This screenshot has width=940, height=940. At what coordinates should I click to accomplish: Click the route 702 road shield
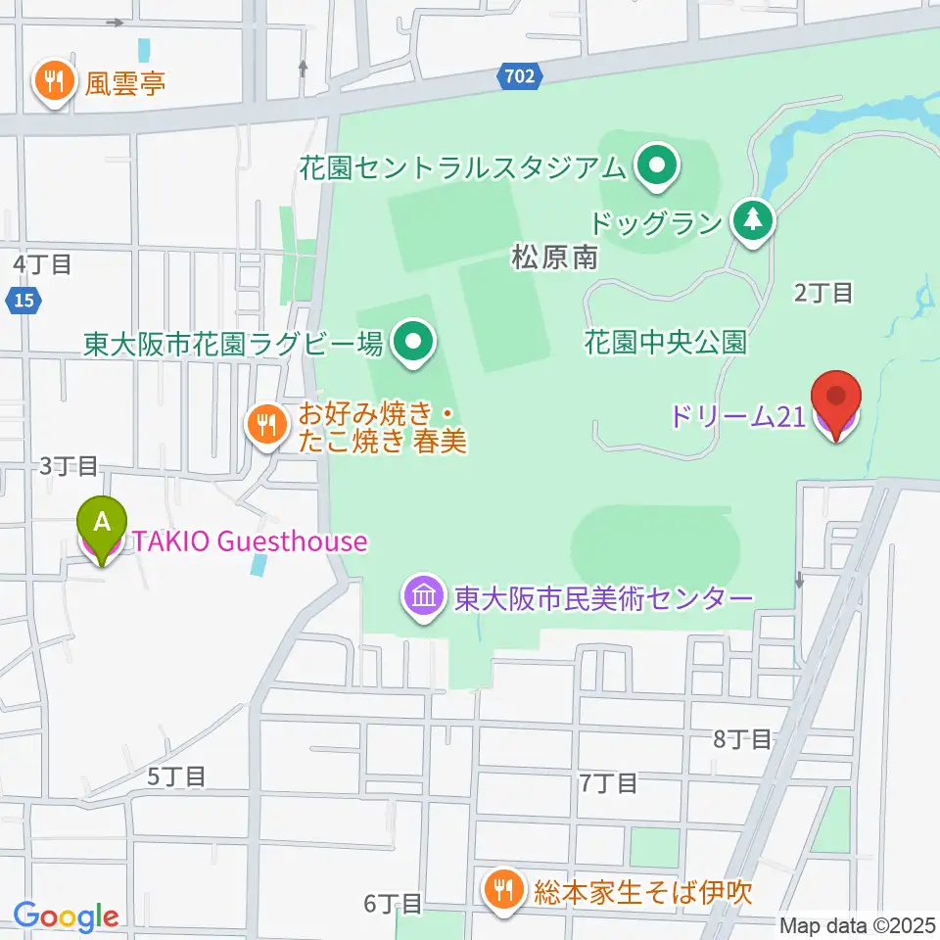(x=520, y=76)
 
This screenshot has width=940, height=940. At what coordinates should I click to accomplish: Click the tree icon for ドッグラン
(x=752, y=219)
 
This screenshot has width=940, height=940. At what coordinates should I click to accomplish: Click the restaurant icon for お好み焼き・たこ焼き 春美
(x=263, y=426)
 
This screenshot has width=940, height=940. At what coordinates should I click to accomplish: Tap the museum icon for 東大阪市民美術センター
(x=424, y=596)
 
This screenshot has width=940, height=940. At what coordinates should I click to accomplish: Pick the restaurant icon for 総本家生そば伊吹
(x=504, y=890)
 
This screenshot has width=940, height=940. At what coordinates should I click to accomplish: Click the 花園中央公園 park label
(x=666, y=342)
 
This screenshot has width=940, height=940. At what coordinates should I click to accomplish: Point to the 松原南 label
(x=554, y=258)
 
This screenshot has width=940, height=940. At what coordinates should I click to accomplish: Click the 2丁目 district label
(x=823, y=292)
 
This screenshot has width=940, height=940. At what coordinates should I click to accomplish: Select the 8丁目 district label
(x=742, y=739)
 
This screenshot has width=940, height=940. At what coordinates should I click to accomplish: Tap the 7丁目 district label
(x=608, y=782)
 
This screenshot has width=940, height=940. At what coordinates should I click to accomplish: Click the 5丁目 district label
(x=176, y=776)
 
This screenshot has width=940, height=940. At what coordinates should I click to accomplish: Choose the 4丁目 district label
(x=42, y=263)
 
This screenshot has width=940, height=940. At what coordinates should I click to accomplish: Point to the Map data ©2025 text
(x=858, y=925)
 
